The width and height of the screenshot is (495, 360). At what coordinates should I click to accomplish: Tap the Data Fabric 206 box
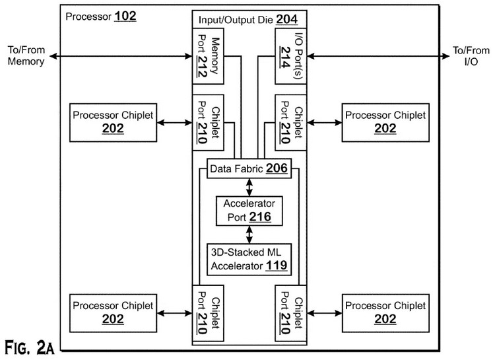(x=247, y=169)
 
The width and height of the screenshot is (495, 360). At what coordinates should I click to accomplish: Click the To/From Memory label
(x=27, y=56)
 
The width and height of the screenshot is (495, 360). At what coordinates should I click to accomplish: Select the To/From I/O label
(x=469, y=56)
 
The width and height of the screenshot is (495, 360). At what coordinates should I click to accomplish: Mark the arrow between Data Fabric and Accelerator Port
(x=248, y=186)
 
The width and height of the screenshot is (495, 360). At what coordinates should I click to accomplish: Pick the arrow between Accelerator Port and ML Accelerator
(x=248, y=233)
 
